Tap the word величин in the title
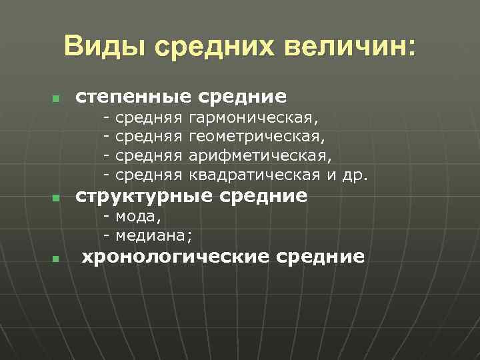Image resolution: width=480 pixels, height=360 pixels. pyautogui.click(x=350, y=47)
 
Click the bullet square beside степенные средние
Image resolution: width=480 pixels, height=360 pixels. pyautogui.click(x=56, y=100)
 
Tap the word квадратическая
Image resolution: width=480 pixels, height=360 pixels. pyautogui.click(x=255, y=174)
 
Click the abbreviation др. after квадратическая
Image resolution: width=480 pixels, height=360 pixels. pyautogui.click(x=355, y=174)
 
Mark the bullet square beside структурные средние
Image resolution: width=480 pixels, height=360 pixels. pyautogui.click(x=56, y=199)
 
